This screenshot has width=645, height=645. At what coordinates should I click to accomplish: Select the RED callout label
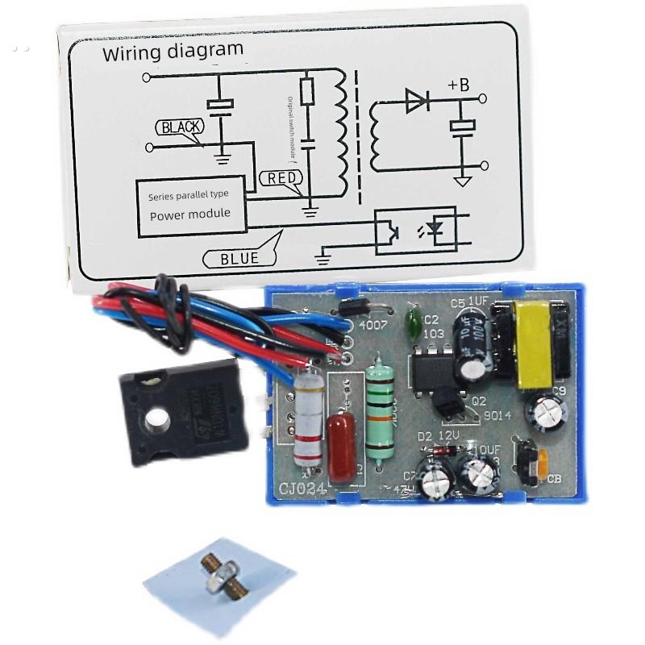pyautogui.click(x=281, y=178)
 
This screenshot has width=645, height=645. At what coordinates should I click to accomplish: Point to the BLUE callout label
pyautogui.click(x=239, y=259)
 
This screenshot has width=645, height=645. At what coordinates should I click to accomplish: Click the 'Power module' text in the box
pyautogui.click(x=189, y=214)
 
